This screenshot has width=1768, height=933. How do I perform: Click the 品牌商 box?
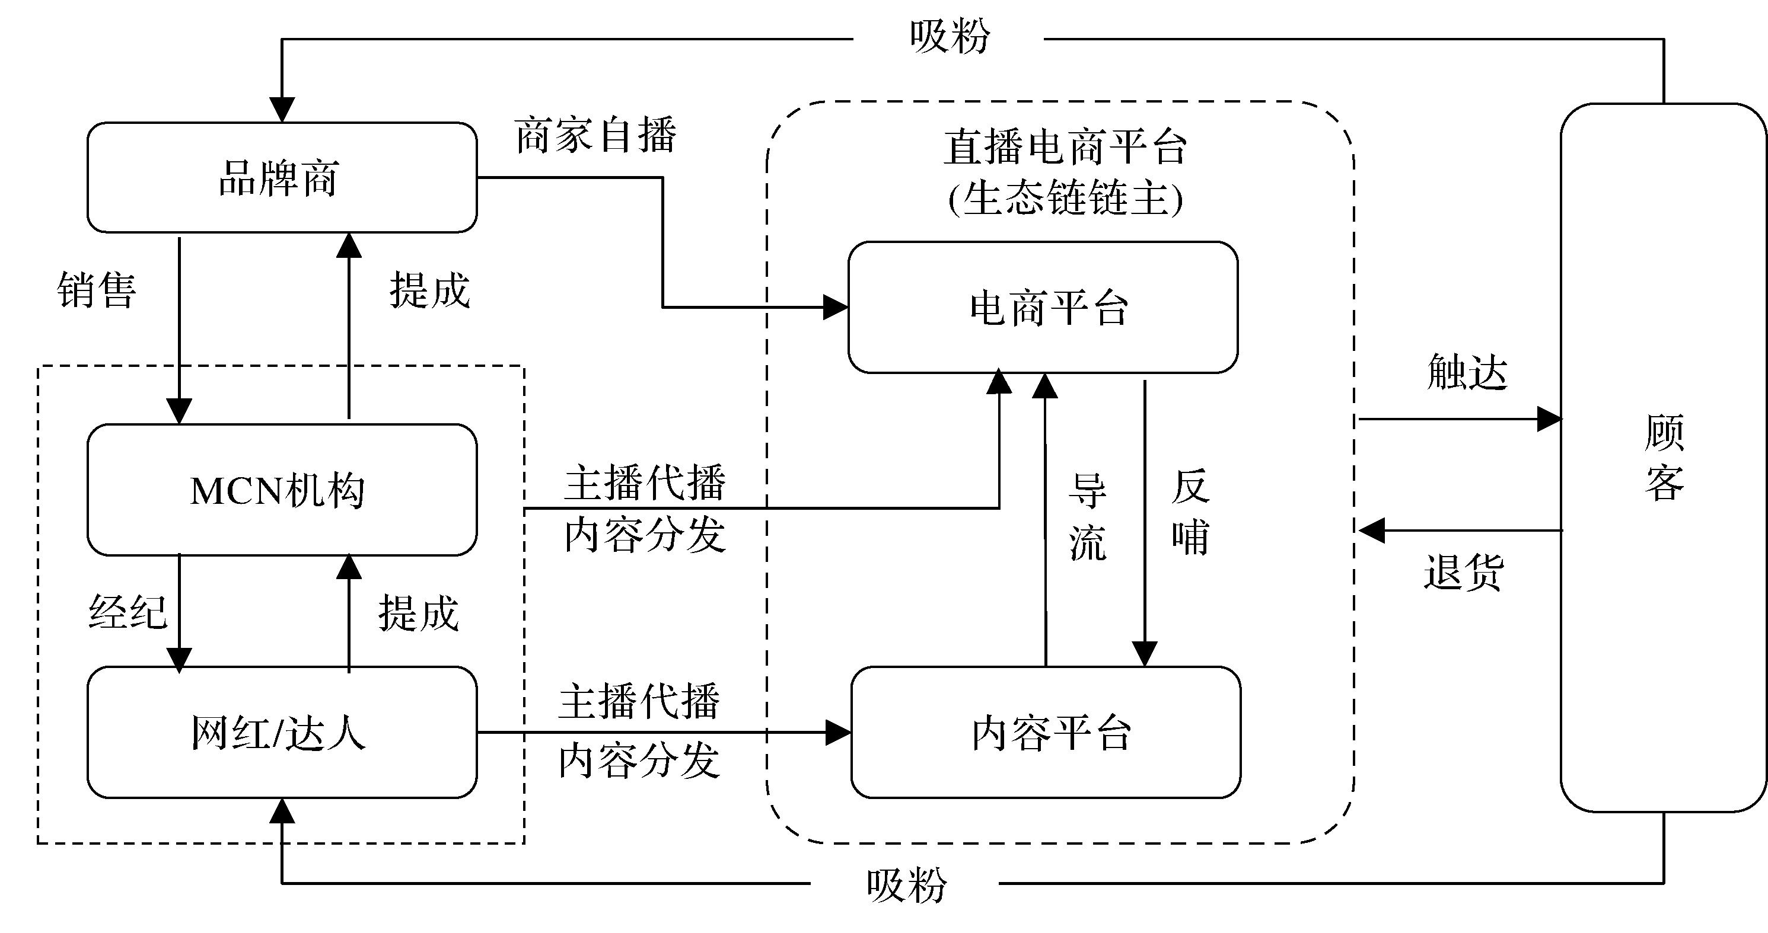coord(281,178)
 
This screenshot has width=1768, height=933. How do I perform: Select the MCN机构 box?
coord(281,490)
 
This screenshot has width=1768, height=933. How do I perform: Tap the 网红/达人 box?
coord(281,732)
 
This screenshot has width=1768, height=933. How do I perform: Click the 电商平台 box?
coord(1043,307)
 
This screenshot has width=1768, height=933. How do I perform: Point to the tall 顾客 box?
coord(1664,458)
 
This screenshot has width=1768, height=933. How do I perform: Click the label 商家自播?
coord(595,135)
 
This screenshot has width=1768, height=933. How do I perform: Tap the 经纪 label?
coord(128,611)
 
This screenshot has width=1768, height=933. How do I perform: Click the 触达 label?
coord(1467,372)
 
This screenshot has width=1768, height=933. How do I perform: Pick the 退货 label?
coord(1463,571)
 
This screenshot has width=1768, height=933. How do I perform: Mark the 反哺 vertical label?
coord(1191,513)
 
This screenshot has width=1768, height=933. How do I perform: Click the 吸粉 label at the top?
coord(950,36)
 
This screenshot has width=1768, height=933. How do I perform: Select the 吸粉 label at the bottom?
coord(906,885)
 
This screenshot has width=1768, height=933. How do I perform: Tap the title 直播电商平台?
coord(1065,147)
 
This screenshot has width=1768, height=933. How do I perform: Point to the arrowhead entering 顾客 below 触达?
coord(1549,418)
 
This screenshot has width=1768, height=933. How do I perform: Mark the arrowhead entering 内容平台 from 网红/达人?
coord(838,732)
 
